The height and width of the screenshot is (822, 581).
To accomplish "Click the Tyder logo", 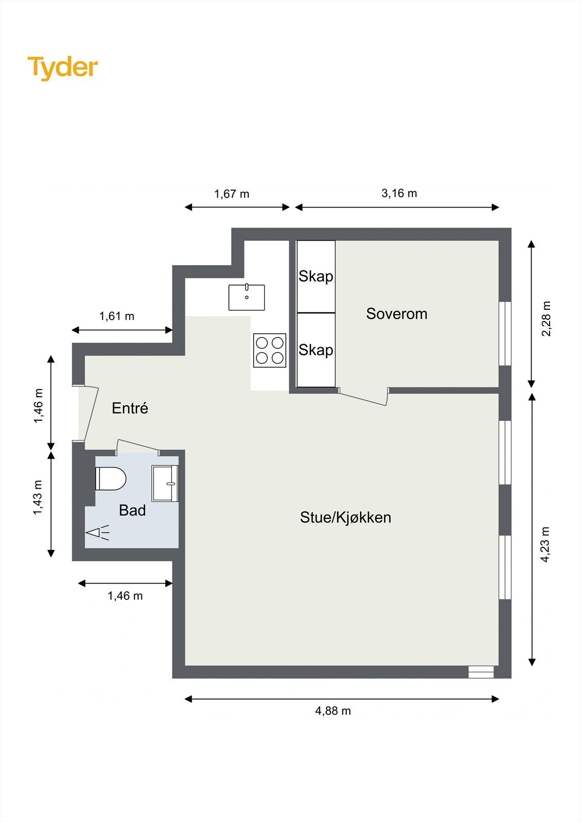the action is click(63, 68).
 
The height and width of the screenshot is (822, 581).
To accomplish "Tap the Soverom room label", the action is click(397, 314).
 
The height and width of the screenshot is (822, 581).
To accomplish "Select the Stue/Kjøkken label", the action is click(346, 517).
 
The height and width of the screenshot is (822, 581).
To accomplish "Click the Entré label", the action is click(130, 408).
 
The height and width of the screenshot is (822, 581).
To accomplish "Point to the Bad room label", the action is click(133, 511).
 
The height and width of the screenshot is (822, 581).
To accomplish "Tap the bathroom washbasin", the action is click(165, 483).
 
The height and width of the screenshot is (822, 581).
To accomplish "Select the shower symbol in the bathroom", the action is click(98, 532).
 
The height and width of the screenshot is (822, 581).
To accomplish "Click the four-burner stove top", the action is click(270, 350).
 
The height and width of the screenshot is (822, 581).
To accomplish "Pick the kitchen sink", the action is click(247, 297).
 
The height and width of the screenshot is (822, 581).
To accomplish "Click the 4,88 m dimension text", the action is click(333, 711).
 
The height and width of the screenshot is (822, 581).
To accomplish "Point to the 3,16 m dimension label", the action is click(399, 193).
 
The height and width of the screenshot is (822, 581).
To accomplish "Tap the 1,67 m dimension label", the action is click(232, 194).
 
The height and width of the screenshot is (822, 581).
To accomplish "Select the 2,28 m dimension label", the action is click(546, 319).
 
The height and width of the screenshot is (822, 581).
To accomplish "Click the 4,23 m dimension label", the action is click(546, 545).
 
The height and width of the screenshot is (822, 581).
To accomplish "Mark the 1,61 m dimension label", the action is click(117, 316).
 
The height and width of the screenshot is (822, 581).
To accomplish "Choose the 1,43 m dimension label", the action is click(38, 498).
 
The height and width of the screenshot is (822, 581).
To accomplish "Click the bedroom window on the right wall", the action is click(505, 333).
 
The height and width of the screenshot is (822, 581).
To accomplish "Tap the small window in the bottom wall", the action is click(481, 672).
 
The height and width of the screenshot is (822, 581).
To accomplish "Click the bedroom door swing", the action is click(363, 398).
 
